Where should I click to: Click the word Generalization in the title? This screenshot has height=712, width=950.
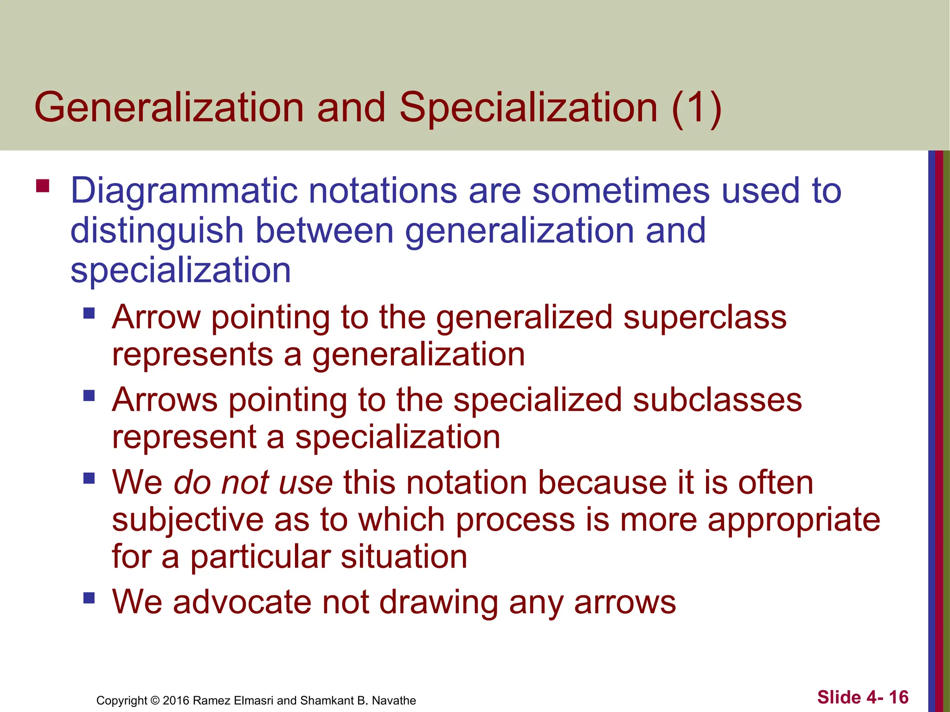[x=169, y=108]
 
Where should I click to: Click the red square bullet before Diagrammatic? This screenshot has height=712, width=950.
[x=43, y=186]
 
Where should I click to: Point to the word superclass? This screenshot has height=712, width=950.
[x=705, y=318]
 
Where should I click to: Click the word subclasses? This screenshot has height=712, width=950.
[x=717, y=400]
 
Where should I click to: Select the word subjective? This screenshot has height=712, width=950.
[x=187, y=520]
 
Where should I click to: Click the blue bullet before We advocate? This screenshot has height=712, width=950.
[x=89, y=598]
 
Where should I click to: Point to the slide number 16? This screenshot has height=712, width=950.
[x=899, y=697]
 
